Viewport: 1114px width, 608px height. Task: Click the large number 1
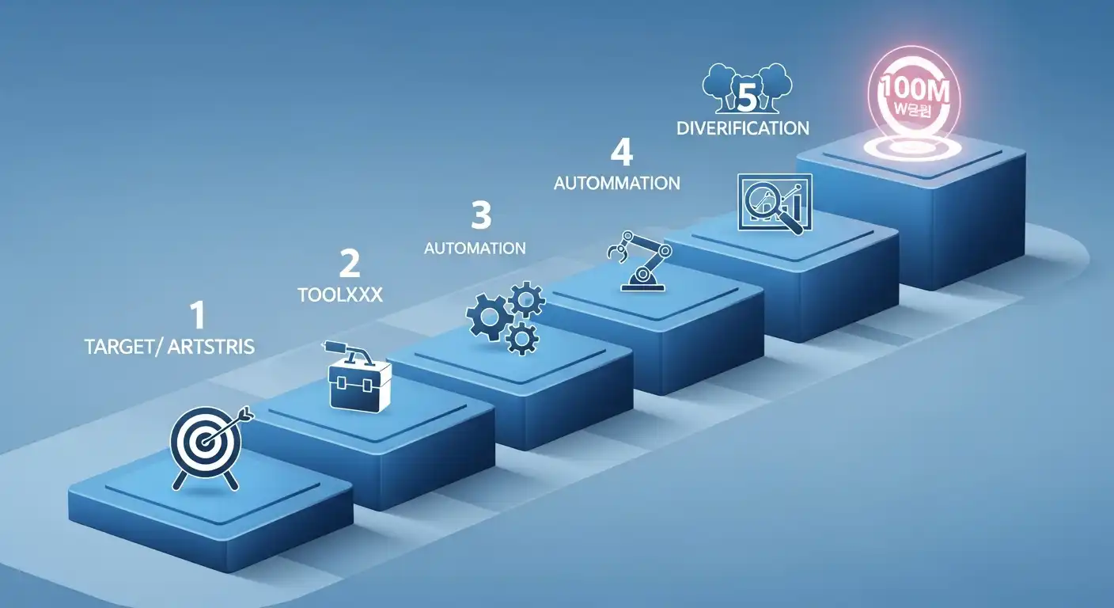click(x=198, y=316)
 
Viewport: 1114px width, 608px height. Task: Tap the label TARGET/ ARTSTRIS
click(x=169, y=348)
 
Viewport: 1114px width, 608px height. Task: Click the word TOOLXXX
click(x=340, y=295)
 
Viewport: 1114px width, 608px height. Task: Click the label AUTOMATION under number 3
click(x=475, y=249)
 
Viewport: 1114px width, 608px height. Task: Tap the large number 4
click(x=622, y=154)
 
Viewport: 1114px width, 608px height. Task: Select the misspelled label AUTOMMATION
click(x=617, y=184)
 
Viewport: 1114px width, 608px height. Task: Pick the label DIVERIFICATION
click(x=743, y=127)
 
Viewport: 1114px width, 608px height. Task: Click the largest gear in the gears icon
click(x=488, y=316)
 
